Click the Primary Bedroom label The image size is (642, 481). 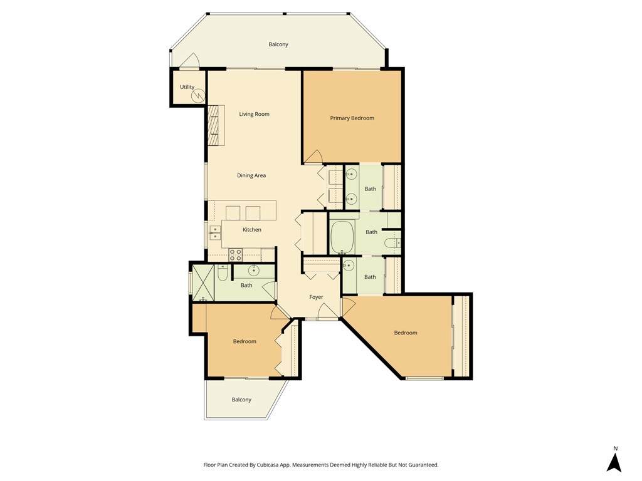(352, 118)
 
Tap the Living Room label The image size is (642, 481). (255, 114)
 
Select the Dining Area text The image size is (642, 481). (251, 175)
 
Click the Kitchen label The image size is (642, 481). (252, 230)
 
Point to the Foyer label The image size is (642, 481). (316, 297)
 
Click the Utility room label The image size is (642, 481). (187, 87)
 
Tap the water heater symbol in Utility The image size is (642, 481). (198, 96)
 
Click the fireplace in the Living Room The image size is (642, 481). (216, 125)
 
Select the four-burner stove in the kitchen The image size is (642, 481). (236, 255)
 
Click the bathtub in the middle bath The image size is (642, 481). (342, 237)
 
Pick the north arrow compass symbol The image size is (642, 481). (614, 462)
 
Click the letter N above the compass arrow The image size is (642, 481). (616, 448)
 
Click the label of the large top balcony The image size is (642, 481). (278, 44)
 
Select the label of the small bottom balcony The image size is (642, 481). (241, 400)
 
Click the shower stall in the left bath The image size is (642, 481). (203, 282)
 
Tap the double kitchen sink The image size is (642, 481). (214, 232)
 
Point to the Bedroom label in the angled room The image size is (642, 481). (406, 333)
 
